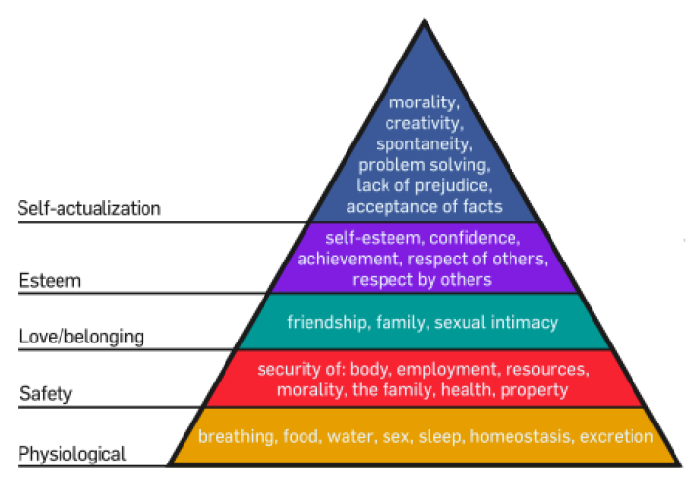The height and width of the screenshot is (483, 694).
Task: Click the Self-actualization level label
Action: (x=89, y=208)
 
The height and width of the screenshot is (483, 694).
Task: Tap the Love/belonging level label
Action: (x=82, y=338)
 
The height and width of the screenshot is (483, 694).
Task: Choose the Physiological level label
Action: (x=71, y=454)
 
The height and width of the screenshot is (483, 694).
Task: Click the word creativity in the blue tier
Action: (x=423, y=123)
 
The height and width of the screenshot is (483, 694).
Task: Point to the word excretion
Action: (x=617, y=436)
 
